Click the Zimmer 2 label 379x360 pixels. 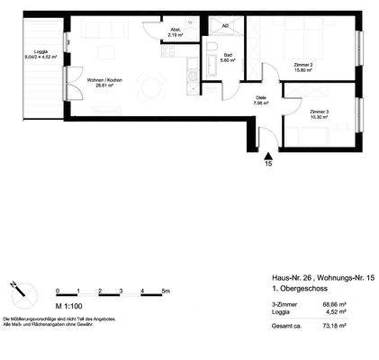coord(302,65)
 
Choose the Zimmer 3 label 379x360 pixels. coord(307,112)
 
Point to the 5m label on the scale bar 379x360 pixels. coord(165,291)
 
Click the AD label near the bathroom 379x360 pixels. coord(224,26)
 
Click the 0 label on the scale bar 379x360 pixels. coord(58,291)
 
